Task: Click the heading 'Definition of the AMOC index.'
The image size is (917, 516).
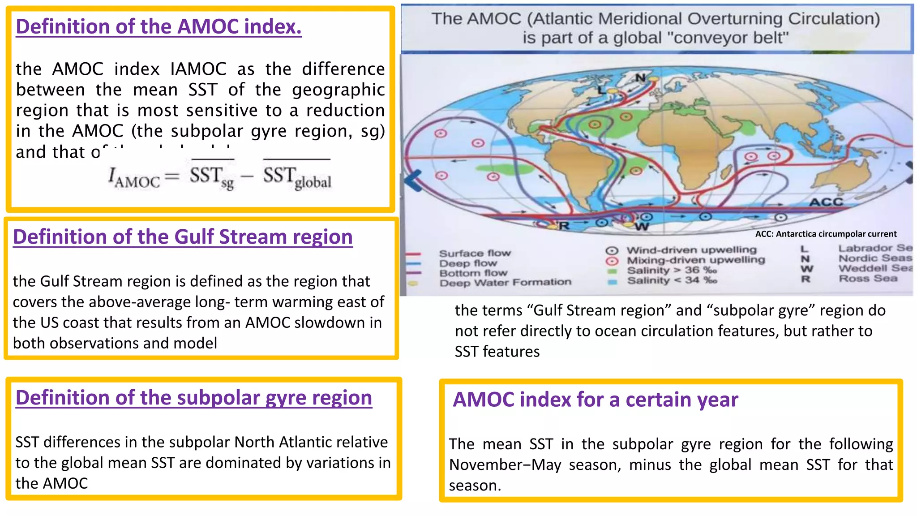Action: point(159,27)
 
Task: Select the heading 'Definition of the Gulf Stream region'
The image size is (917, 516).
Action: point(183,237)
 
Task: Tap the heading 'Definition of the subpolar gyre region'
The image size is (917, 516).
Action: point(193,398)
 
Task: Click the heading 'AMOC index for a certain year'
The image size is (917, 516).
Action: point(595,400)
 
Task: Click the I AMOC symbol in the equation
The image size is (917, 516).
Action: point(133,177)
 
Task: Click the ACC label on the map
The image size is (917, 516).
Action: point(826,202)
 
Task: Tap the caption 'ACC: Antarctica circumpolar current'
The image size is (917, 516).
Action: point(826,234)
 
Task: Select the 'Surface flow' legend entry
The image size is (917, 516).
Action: point(475,253)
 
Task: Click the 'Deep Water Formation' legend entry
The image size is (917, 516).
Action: point(505,283)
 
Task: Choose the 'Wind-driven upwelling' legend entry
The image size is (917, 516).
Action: point(691,250)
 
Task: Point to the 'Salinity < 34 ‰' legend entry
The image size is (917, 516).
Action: point(672,280)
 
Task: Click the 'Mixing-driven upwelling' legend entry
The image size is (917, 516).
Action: point(695,260)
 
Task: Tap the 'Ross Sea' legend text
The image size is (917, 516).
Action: point(867,279)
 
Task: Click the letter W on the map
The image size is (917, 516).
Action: point(641,227)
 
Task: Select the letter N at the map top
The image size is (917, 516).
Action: point(641,77)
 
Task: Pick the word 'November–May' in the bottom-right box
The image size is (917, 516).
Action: point(505,465)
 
